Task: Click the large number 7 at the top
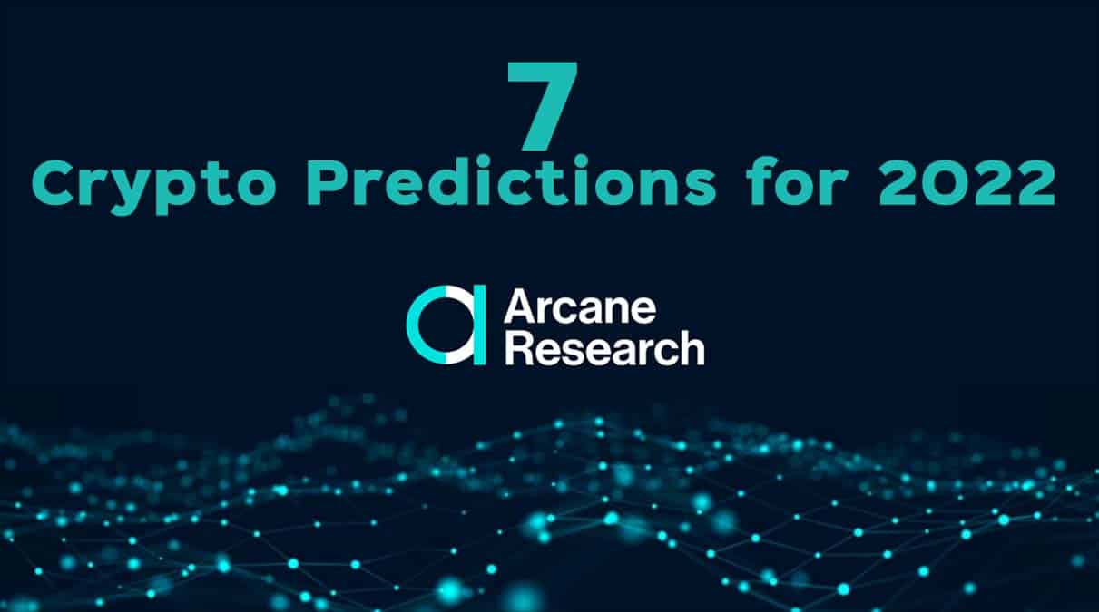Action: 543,105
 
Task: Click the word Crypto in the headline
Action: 153,185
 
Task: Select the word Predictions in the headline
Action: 511,180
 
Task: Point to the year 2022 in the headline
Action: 967,183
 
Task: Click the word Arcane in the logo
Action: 581,307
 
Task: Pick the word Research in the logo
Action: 605,347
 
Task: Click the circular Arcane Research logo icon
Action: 446,325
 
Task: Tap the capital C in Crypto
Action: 54,183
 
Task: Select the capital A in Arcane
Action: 520,307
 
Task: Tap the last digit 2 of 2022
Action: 1035,183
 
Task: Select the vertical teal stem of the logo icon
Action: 479,325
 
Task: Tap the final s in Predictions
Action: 700,189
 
